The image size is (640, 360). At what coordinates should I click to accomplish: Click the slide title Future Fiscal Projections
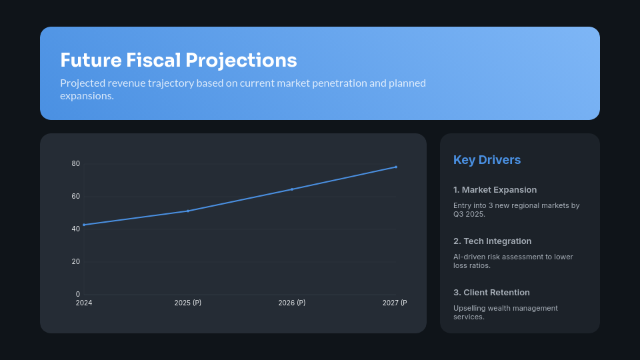[178, 60]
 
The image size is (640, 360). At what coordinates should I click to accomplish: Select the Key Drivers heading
[487, 160]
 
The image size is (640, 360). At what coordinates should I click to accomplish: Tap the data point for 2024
[84, 225]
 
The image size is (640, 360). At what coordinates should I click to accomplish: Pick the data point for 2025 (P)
[188, 211]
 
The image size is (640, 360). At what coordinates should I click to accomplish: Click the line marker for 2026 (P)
[292, 189]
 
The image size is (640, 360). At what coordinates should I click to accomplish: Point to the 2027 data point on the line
[396, 167]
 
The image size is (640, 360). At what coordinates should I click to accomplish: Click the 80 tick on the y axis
[76, 164]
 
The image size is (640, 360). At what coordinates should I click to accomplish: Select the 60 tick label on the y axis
[76, 197]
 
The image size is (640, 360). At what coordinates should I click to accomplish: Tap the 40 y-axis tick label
[76, 229]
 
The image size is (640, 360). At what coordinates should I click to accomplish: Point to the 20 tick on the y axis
[76, 261]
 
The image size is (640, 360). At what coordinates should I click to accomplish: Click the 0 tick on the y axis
[78, 294]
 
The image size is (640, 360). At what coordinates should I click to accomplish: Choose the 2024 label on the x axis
[84, 303]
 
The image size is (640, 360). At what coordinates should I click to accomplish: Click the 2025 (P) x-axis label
[188, 303]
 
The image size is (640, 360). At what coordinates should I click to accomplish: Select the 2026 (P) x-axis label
[292, 303]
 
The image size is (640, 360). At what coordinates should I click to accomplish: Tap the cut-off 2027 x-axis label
[394, 303]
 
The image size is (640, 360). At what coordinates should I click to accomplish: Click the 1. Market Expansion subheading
[495, 190]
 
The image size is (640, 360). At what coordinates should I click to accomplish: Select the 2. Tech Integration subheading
[492, 241]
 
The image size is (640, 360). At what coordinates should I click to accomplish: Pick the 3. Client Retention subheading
[491, 293]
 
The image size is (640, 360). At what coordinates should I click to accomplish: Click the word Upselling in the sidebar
[469, 308]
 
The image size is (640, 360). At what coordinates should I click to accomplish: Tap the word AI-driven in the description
[468, 257]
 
